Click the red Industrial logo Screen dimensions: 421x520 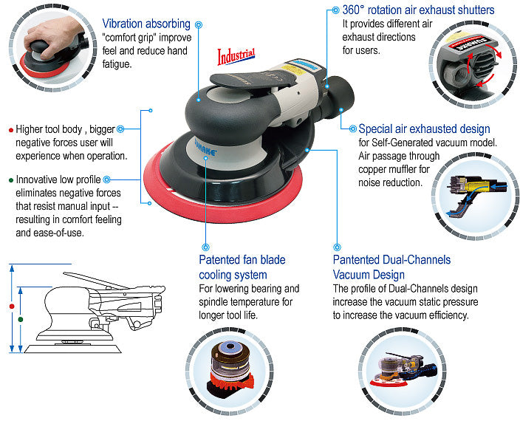tap(236, 55)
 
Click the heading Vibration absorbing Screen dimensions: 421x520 tap(146, 24)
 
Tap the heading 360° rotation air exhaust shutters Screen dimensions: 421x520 tap(418, 10)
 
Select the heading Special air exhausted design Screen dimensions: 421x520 tap(424, 129)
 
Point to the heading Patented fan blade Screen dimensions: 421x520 tap(242, 259)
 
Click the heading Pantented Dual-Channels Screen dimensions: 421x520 tap(391, 259)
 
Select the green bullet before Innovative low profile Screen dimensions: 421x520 tap(10, 179)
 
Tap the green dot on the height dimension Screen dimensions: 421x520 tap(21, 318)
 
